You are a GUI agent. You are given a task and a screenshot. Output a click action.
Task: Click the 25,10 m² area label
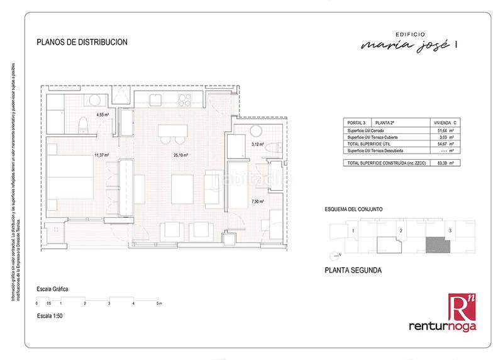click(x=182, y=155)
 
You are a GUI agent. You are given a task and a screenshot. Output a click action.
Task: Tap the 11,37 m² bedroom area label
click(x=101, y=155)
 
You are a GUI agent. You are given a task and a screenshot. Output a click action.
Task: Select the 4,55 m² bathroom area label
click(x=102, y=115)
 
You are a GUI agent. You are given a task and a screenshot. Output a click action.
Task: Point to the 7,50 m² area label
click(x=257, y=201)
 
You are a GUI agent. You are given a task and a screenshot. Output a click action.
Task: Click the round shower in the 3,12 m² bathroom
click(x=256, y=132)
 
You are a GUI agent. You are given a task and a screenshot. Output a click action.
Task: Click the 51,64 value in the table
click(x=433, y=130)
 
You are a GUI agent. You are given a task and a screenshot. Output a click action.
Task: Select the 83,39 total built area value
click(x=433, y=162)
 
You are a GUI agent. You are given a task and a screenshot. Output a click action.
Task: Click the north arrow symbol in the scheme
click(x=333, y=255)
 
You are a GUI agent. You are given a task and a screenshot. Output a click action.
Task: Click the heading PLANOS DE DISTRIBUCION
click(x=83, y=43)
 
